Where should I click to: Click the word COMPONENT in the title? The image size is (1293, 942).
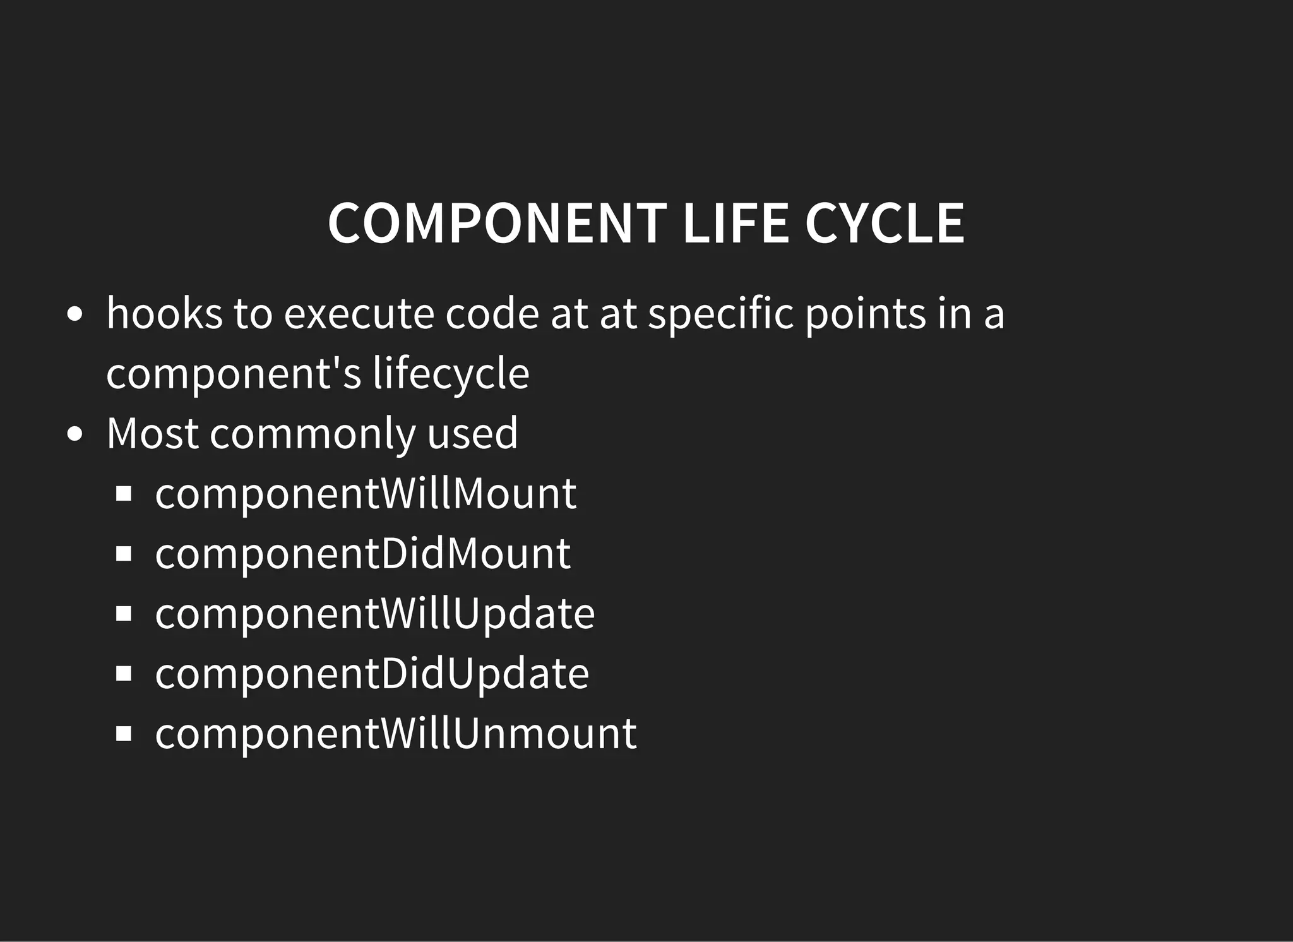click(497, 223)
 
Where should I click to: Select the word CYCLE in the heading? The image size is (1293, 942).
click(885, 223)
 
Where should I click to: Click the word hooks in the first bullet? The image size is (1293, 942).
click(164, 313)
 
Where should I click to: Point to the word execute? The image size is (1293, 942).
click(359, 314)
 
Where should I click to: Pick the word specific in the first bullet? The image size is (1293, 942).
click(720, 314)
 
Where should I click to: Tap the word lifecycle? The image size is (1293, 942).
click(451, 374)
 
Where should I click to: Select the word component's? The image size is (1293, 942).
click(234, 374)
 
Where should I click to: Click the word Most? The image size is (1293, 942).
click(152, 434)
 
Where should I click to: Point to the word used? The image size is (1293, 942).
click(472, 434)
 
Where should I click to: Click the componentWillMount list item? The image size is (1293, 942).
click(366, 494)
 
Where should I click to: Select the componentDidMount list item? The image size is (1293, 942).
click(363, 554)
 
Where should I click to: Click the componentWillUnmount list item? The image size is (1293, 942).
click(396, 734)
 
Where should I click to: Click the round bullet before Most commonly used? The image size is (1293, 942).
click(74, 435)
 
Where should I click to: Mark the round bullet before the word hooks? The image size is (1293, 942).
click(74, 314)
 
